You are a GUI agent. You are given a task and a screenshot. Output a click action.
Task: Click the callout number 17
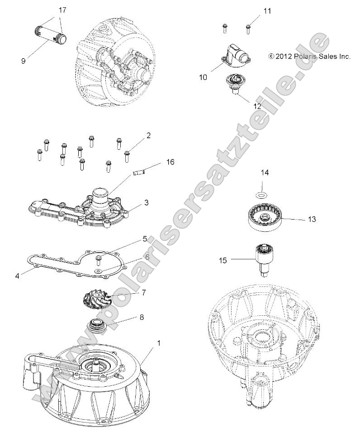pyautogui.click(x=62, y=9)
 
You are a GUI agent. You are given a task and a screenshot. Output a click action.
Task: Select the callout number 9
pyautogui.click(x=23, y=61)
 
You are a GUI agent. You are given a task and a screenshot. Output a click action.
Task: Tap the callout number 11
pyautogui.click(x=267, y=11)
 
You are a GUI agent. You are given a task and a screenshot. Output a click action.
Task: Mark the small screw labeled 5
pyautogui.click(x=98, y=259)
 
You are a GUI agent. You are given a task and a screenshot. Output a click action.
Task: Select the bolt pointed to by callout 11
pyautogui.click(x=248, y=29)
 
